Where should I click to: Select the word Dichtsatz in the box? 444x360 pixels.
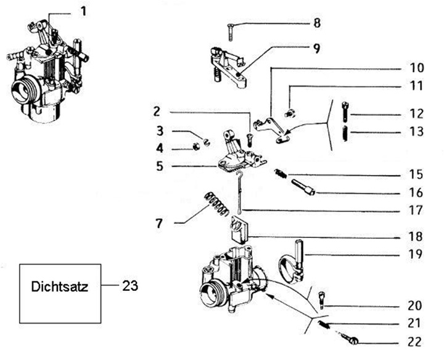tap(60, 288)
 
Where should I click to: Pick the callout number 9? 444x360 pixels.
tap(317, 47)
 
